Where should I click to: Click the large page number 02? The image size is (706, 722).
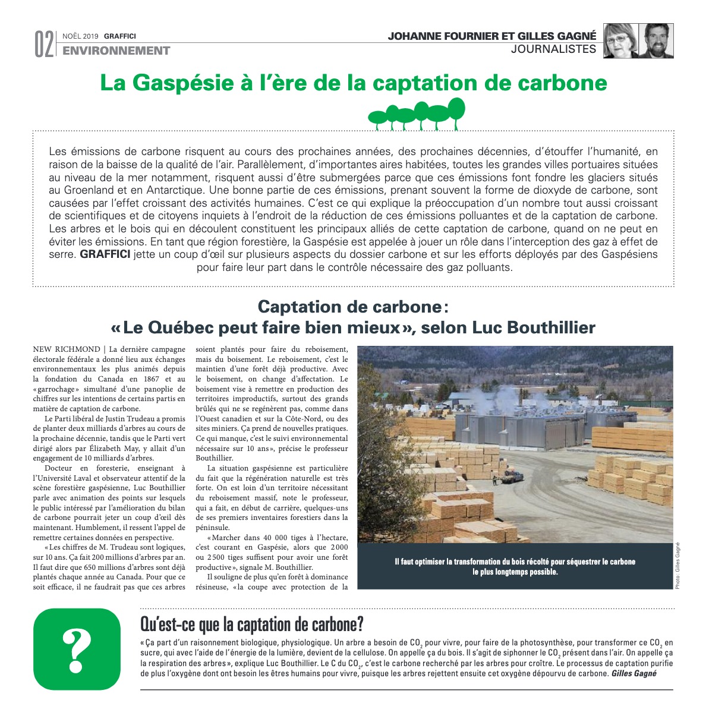(x=43, y=45)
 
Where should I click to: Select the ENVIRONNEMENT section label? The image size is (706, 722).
(x=116, y=51)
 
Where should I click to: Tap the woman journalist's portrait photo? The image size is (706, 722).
(x=621, y=41)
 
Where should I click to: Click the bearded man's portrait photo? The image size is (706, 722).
(x=656, y=41)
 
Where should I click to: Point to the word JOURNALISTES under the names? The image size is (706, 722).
(x=553, y=49)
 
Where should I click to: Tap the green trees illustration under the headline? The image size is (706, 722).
(x=417, y=114)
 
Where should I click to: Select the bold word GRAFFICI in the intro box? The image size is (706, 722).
(x=105, y=255)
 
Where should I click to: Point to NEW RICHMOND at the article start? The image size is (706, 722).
(x=67, y=349)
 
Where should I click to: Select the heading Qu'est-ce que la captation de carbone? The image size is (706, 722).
(x=251, y=625)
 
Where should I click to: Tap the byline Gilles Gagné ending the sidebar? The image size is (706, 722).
(x=633, y=674)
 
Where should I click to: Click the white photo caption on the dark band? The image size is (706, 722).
(x=515, y=567)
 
